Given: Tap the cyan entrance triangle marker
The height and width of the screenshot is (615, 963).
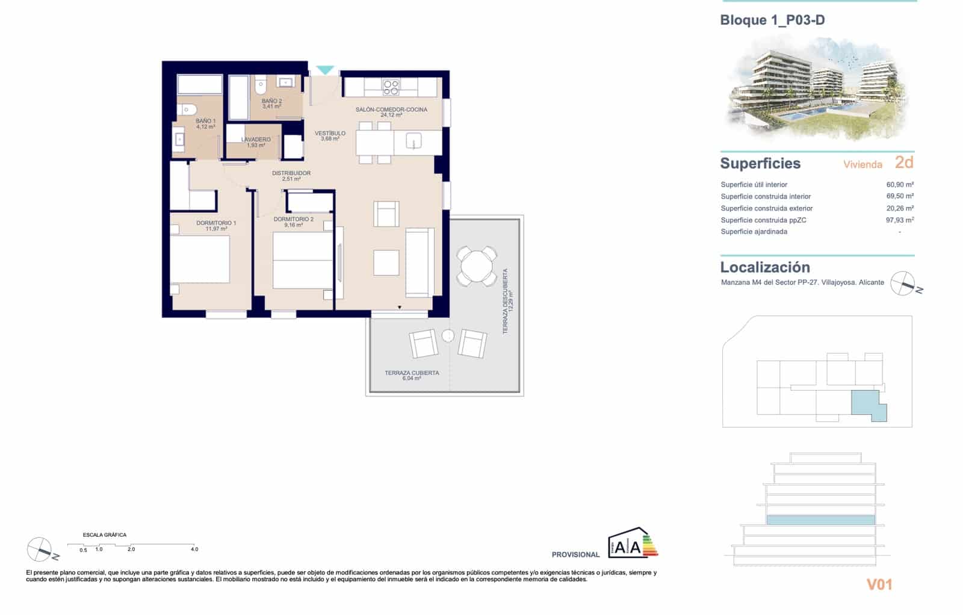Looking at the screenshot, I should tap(325, 70).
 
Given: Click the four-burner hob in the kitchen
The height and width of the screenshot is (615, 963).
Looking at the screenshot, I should tap(391, 88).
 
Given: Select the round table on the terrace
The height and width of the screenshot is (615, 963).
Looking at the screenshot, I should tap(477, 265).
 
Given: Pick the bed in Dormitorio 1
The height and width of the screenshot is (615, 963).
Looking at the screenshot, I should tap(200, 259).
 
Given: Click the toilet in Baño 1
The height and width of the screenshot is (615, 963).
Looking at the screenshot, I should tap(187, 110).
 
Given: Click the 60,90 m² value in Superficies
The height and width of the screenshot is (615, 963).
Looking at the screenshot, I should tap(900, 185).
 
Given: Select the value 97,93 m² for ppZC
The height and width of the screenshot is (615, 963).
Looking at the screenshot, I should tap(900, 220).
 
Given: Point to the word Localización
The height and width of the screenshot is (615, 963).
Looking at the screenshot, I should tap(765, 267).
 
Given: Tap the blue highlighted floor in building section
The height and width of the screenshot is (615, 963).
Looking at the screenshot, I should tap(820, 519).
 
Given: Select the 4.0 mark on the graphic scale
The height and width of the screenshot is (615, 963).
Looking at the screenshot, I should tap(194, 549).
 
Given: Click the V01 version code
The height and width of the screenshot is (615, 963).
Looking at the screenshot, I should tap(879, 584).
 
